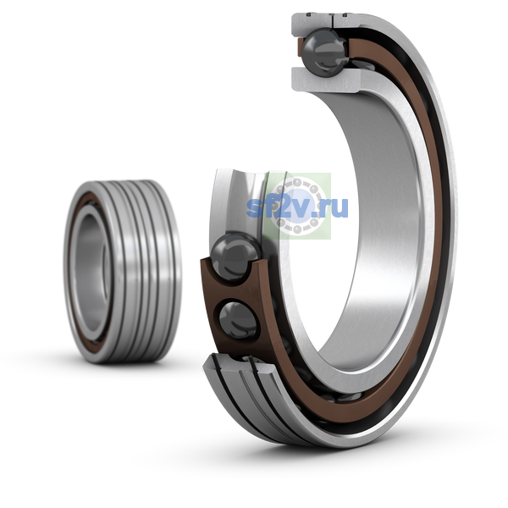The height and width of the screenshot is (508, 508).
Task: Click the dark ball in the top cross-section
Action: [x=324, y=52]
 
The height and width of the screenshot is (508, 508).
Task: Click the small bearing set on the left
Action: [x=122, y=272]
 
